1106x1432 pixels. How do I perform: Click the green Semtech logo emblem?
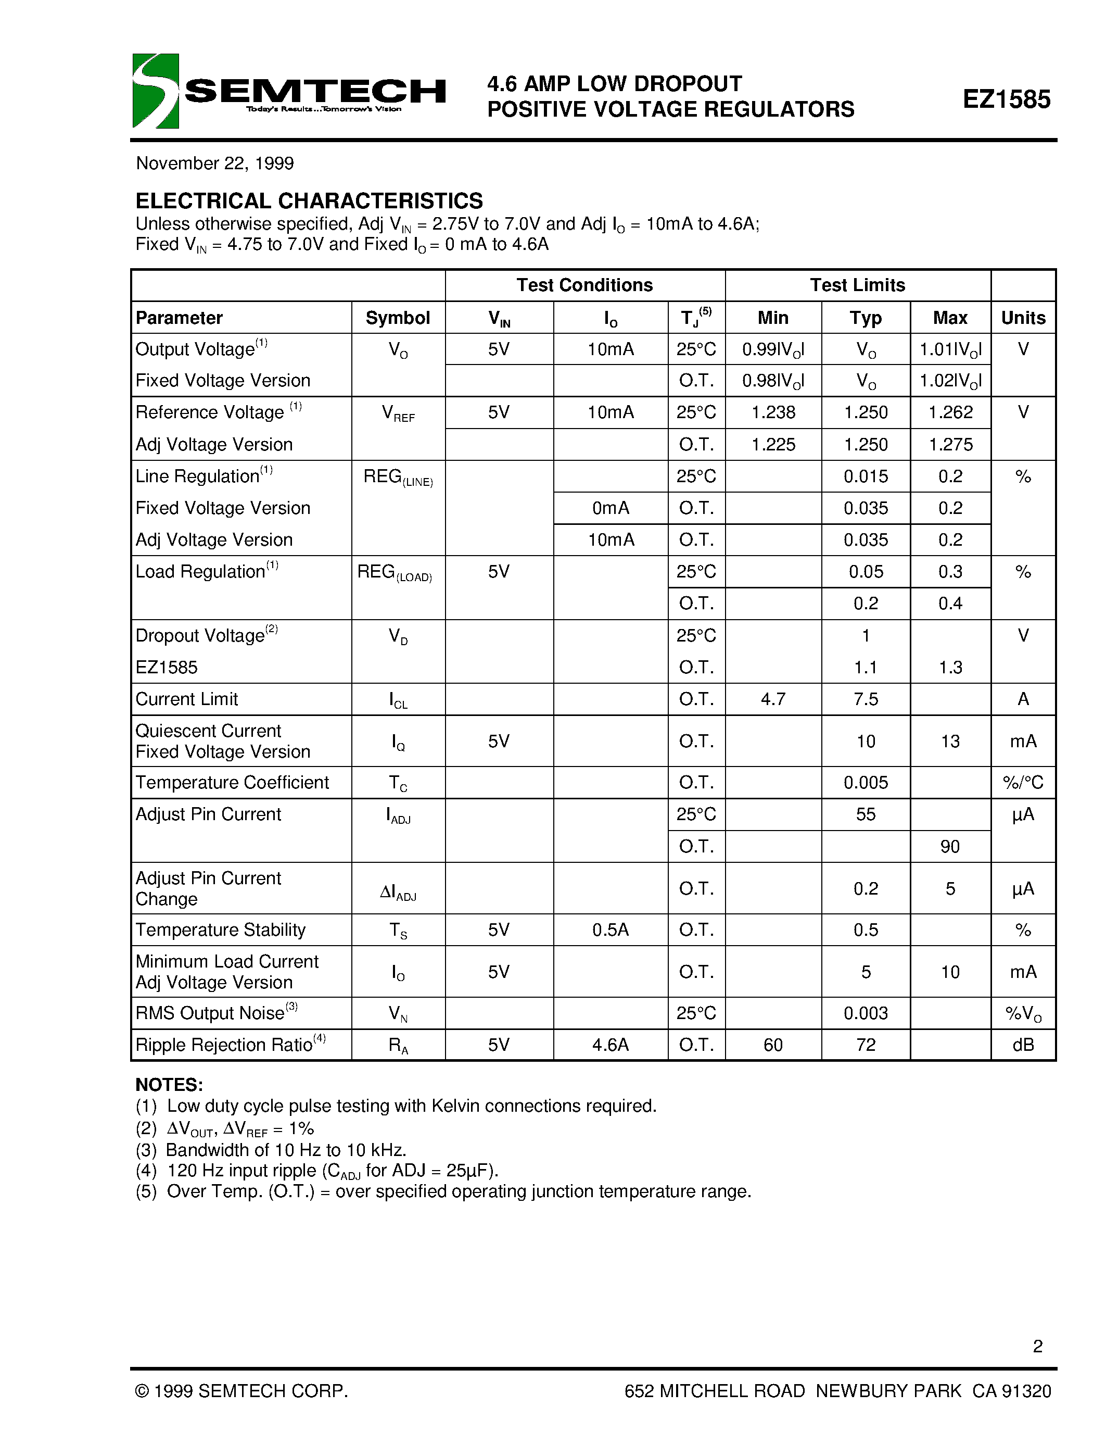155,91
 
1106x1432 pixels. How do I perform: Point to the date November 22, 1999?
215,164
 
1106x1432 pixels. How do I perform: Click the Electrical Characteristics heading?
309,200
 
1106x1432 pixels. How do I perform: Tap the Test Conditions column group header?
584,285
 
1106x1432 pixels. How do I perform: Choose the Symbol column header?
398,318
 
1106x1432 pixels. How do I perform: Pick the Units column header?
1023,318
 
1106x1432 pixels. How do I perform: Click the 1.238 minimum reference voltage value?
773,412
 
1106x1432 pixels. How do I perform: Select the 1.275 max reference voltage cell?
950,445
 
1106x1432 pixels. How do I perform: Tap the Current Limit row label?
187,699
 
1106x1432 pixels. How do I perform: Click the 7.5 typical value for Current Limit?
866,699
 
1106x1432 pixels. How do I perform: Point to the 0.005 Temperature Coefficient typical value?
866,783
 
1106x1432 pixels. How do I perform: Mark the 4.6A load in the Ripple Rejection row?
610,1045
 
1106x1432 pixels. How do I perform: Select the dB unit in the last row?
1023,1045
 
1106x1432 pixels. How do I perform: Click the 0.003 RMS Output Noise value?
866,1013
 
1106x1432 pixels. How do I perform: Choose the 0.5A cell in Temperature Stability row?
610,929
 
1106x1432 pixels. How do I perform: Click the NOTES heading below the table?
169,1085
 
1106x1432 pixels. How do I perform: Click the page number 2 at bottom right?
1037,1346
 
